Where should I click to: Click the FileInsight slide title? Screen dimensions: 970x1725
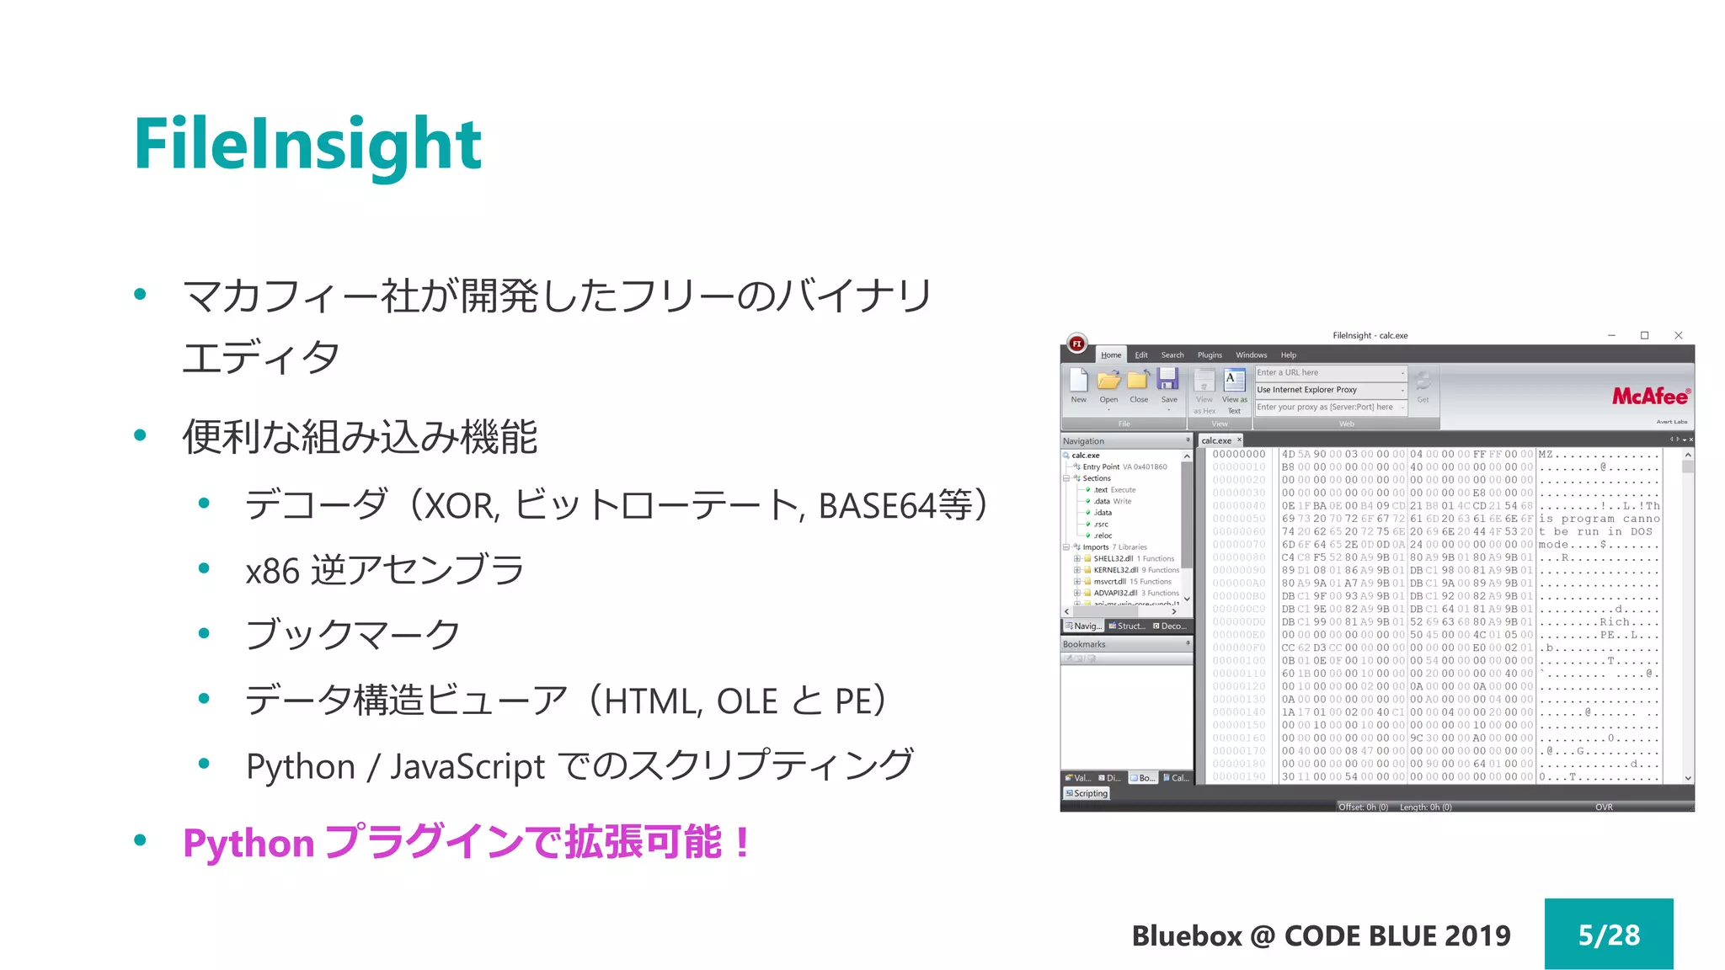click(x=307, y=145)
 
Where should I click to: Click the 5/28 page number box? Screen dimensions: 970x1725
click(x=1608, y=934)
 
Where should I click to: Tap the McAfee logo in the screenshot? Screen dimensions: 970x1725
click(x=1650, y=396)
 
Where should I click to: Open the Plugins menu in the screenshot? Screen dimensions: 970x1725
click(x=1210, y=355)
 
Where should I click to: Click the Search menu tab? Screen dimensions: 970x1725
click(x=1172, y=355)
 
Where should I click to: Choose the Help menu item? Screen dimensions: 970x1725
click(x=1289, y=355)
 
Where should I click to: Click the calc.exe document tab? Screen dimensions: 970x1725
click(x=1216, y=440)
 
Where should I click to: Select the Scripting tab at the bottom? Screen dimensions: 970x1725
click(x=1087, y=793)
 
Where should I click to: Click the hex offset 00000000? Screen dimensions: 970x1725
click(x=1238, y=455)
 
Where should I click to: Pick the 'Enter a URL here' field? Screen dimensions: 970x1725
click(x=1327, y=372)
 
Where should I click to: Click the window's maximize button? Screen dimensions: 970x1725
click(x=1644, y=335)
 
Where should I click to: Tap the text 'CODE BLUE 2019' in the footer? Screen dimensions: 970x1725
click(x=1397, y=935)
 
